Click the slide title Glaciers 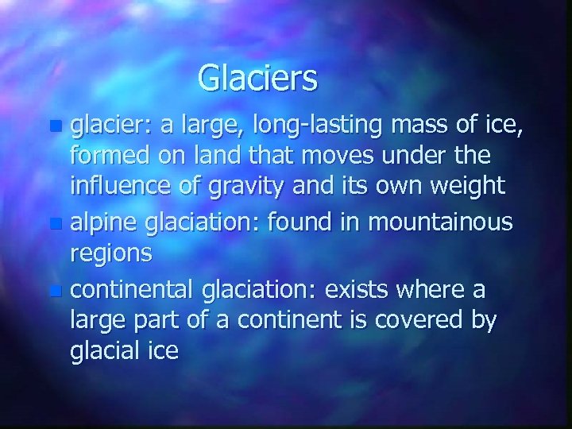tap(257, 78)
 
